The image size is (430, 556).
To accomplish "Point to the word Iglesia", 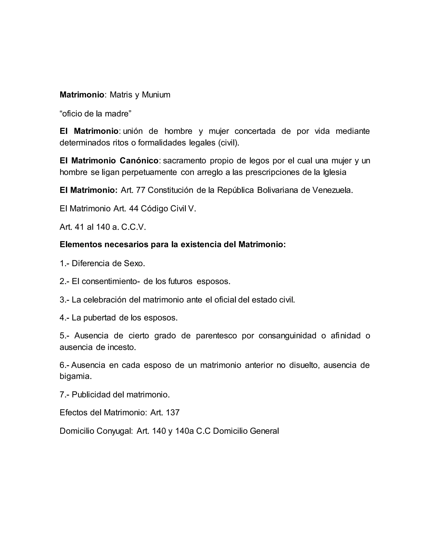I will click(x=335, y=172).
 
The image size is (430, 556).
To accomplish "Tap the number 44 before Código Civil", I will click(x=134, y=209).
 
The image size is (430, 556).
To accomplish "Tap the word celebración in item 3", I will click(x=105, y=300).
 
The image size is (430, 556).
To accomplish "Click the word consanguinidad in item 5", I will click(x=287, y=336).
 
